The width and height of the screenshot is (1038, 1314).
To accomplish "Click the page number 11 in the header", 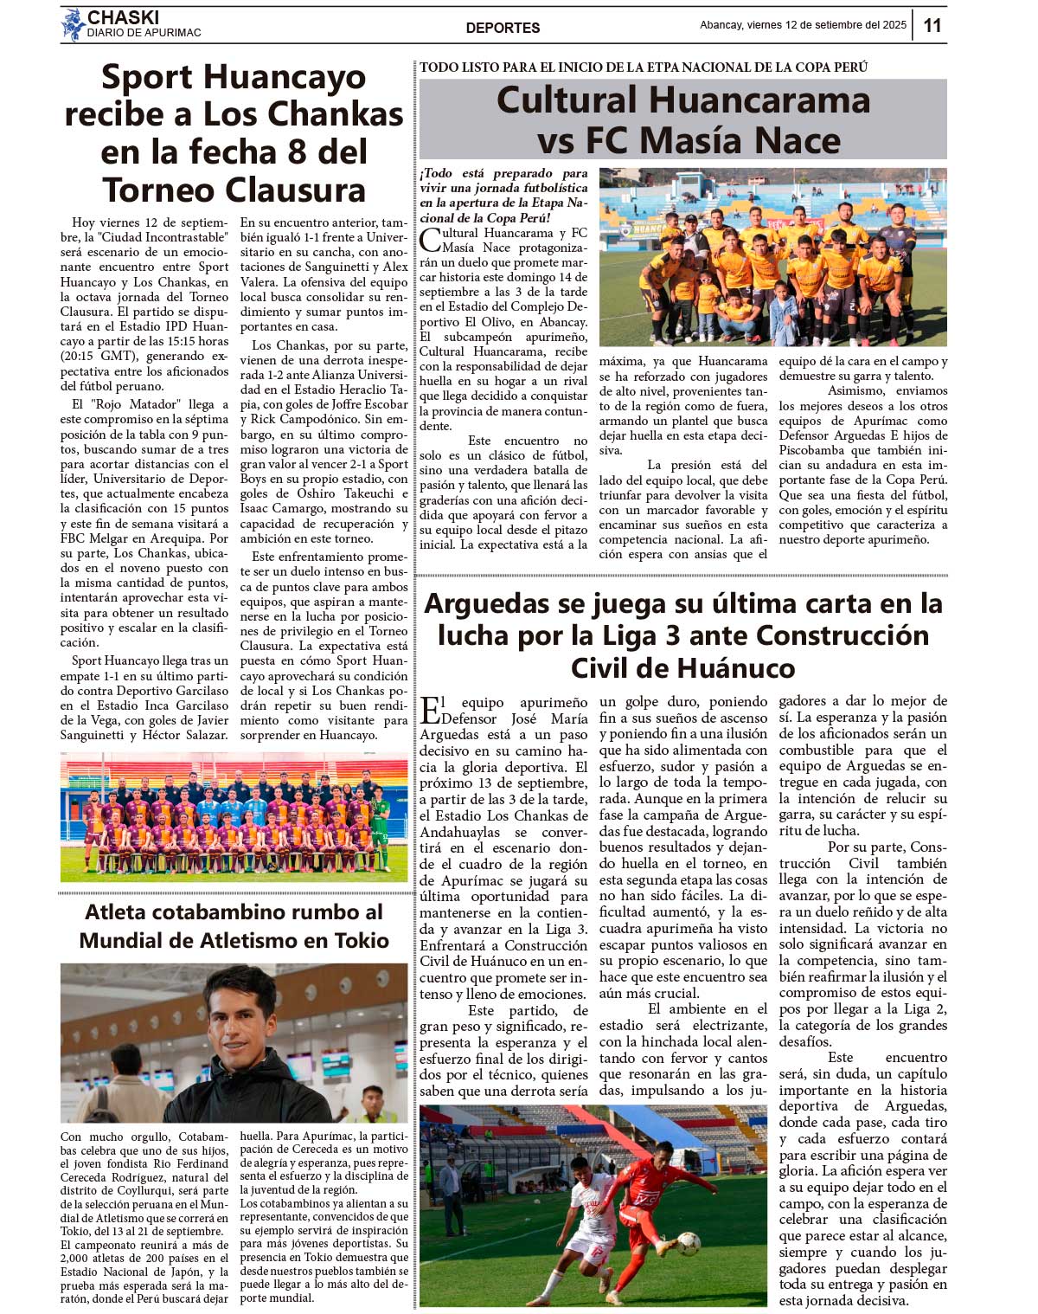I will coord(932,25).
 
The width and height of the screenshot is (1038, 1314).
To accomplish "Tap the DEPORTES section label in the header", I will coord(503,28).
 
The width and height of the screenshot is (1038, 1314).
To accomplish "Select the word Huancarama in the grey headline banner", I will coord(759,100).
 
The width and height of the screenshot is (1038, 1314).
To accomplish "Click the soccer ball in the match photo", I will coord(689,1243).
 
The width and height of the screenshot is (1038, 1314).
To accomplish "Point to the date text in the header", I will coord(803,25).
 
